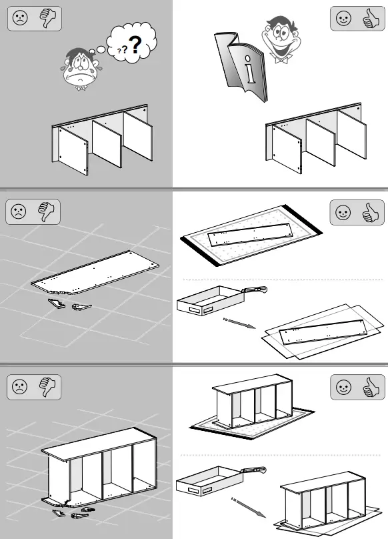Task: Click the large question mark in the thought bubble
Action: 136,44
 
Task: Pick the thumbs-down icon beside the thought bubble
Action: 48,18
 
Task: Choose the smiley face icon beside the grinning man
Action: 343,18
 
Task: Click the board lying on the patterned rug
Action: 251,234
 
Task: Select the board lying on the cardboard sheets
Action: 323,332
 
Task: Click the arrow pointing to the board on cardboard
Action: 239,324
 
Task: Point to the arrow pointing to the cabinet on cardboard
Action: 248,507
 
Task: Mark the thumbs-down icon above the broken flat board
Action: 47,211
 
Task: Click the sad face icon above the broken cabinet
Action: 19,387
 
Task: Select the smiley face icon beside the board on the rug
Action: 343,212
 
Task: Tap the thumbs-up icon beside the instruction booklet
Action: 371,18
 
